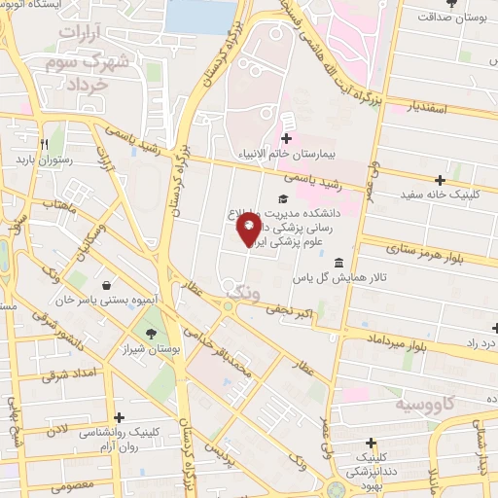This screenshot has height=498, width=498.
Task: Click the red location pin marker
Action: pyautogui.click(x=248, y=230)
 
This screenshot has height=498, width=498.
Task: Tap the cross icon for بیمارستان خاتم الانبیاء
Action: pyautogui.click(x=286, y=139)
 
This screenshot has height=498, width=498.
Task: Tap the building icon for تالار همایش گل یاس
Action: pyautogui.click(x=338, y=263)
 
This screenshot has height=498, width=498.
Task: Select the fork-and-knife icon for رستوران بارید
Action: pyautogui.click(x=43, y=143)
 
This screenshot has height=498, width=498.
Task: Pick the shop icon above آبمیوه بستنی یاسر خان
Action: pyautogui.click(x=106, y=286)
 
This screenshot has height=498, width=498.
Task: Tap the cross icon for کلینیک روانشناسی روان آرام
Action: pyautogui.click(x=119, y=417)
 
